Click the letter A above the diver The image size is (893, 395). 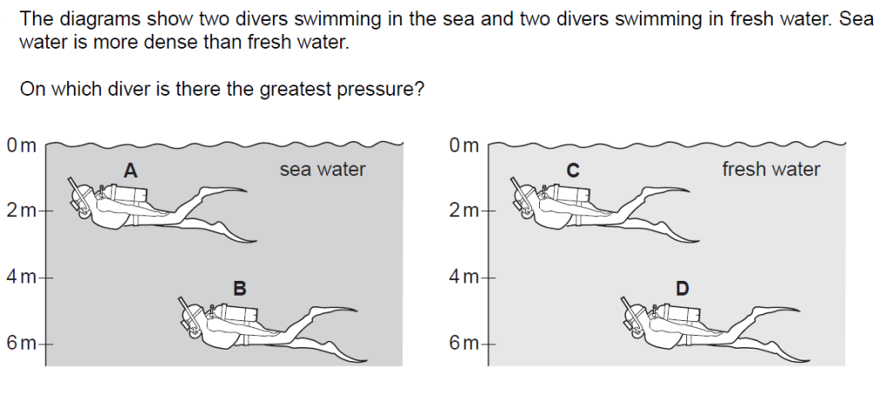(x=131, y=170)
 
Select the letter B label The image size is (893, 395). (x=240, y=289)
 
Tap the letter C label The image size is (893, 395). (x=573, y=170)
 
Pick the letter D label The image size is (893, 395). (x=682, y=289)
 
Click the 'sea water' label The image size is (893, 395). (x=323, y=169)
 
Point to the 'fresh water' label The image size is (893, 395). (x=771, y=169)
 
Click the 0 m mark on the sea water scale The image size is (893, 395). (x=21, y=146)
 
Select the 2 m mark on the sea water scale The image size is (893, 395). (x=21, y=211)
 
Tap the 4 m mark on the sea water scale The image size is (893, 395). (x=21, y=277)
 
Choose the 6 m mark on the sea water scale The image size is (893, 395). (x=21, y=344)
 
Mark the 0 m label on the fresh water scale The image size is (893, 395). (x=464, y=146)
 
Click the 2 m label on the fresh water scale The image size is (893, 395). (x=464, y=211)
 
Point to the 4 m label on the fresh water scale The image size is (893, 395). (x=464, y=277)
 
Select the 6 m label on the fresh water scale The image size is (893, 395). (x=464, y=344)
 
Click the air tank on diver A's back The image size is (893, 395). (x=127, y=194)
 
